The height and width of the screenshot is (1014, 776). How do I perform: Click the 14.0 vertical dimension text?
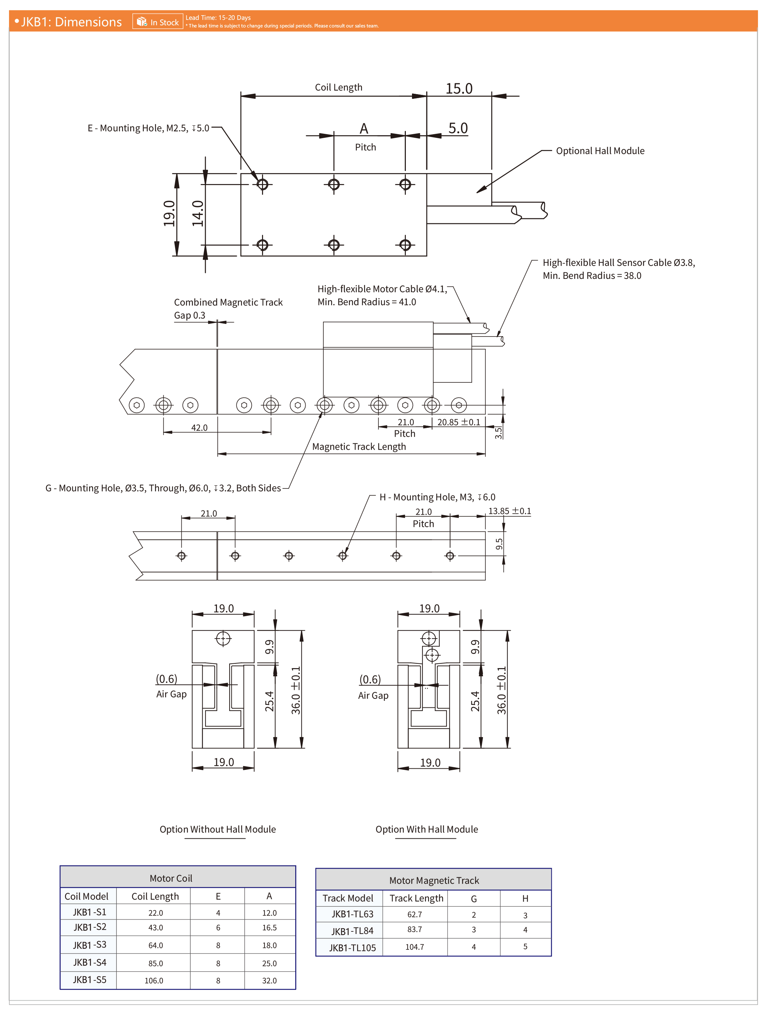(198, 214)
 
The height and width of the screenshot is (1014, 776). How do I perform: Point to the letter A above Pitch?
(364, 128)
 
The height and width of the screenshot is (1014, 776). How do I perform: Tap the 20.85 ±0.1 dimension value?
(459, 422)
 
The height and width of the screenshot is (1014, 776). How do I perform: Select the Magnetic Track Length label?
(359, 447)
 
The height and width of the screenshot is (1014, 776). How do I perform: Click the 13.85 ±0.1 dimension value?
(510, 511)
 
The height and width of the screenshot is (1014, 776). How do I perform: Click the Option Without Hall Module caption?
(218, 829)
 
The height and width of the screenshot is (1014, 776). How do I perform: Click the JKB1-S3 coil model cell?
(90, 945)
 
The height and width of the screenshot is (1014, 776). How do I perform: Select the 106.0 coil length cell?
(154, 980)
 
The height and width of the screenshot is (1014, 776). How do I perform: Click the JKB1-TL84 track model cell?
(352, 931)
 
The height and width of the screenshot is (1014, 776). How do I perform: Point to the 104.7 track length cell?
(414, 947)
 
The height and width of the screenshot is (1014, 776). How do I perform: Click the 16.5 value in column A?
(269, 927)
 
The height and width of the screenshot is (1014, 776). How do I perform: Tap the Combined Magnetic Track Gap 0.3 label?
(228, 308)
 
